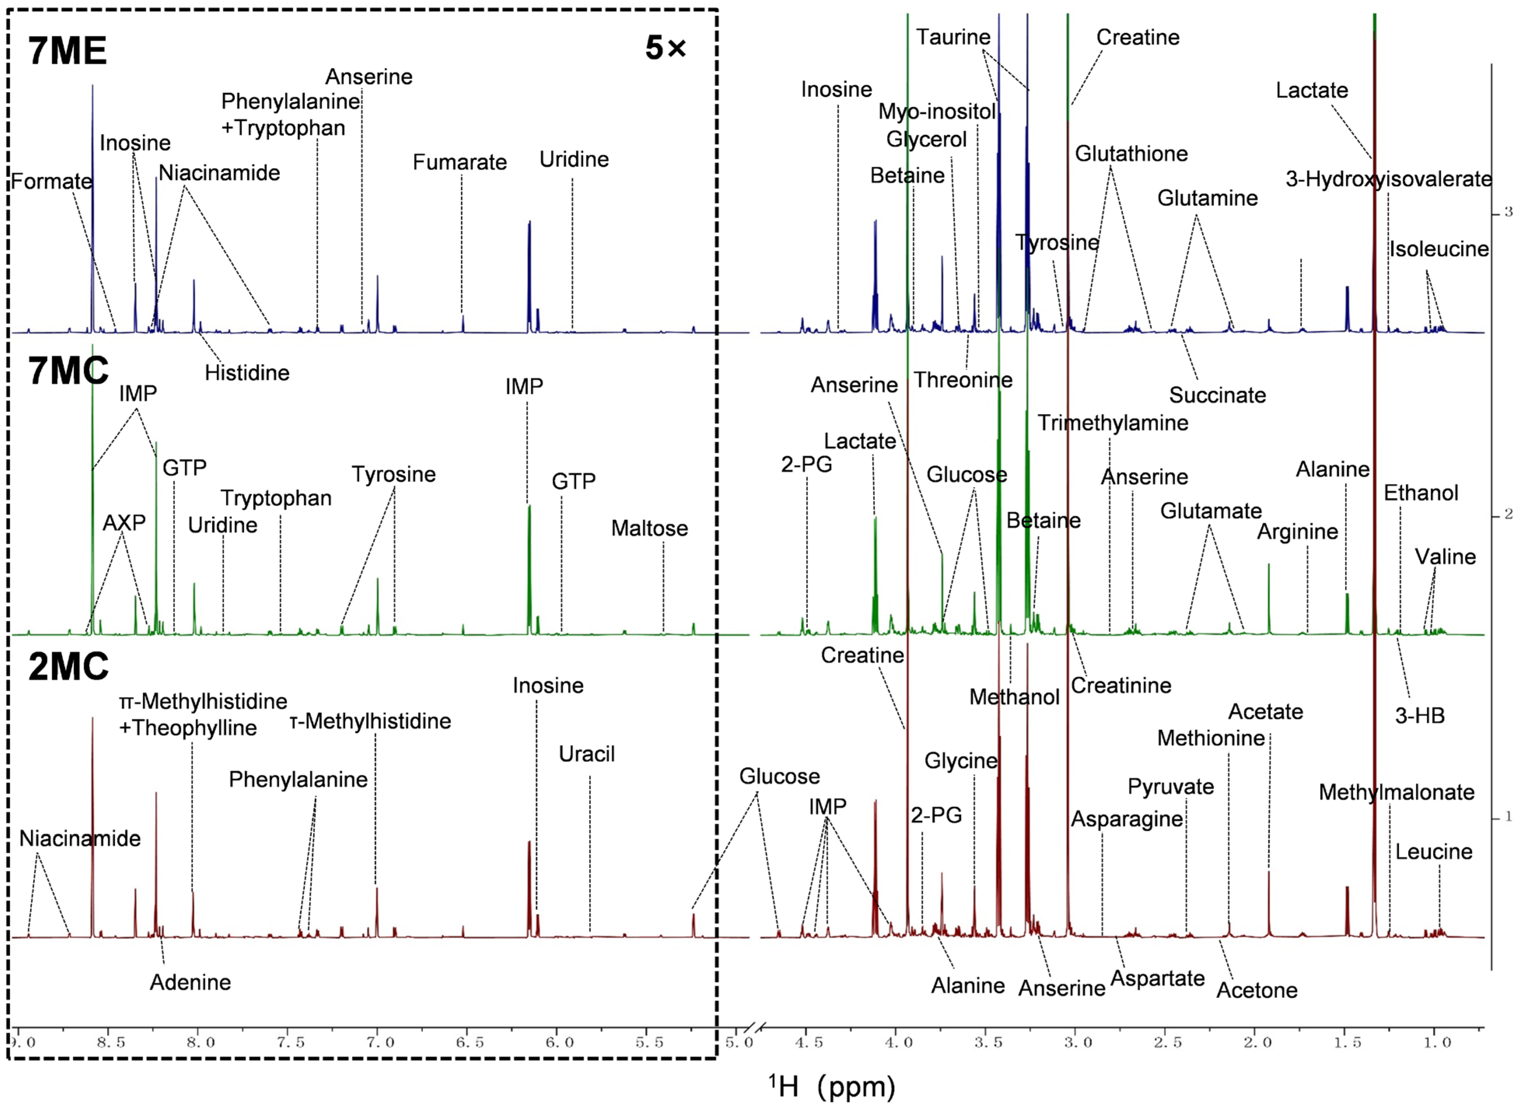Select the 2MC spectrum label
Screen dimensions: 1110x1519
click(68, 667)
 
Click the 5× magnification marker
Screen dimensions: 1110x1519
click(665, 48)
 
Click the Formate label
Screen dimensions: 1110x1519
click(51, 182)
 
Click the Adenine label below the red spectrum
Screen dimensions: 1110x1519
click(190, 982)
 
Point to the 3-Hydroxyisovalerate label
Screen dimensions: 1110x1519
click(1389, 179)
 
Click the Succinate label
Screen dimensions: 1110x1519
click(1217, 395)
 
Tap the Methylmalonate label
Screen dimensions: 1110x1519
click(1396, 792)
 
